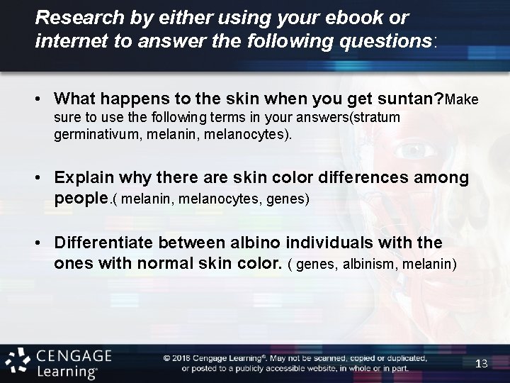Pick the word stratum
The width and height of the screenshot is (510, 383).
375,116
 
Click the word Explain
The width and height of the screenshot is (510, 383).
84,177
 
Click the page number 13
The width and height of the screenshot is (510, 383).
482,363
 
